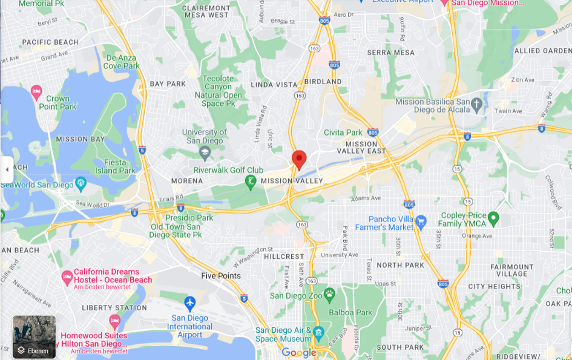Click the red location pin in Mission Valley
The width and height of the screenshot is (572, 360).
(x=299, y=159)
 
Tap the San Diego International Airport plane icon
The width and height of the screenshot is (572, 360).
(x=190, y=301)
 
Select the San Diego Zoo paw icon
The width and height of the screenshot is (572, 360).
(x=329, y=295)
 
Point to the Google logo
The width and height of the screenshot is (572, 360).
(x=299, y=353)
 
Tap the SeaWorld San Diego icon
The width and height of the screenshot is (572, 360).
(x=81, y=182)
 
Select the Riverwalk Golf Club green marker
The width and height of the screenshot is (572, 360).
(x=250, y=181)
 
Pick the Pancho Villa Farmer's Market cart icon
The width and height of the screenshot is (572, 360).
(x=421, y=222)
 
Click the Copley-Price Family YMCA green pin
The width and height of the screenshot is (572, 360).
(x=493, y=217)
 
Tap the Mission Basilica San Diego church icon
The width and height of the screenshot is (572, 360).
(x=476, y=103)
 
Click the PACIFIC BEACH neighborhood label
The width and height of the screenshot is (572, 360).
(x=50, y=42)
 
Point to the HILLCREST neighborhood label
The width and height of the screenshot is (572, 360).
(x=284, y=257)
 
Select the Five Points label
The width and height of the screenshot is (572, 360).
(x=221, y=276)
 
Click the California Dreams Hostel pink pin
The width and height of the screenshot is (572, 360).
(x=67, y=277)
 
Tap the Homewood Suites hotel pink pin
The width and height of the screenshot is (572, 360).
(x=115, y=320)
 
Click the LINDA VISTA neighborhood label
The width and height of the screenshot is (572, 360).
(x=275, y=85)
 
